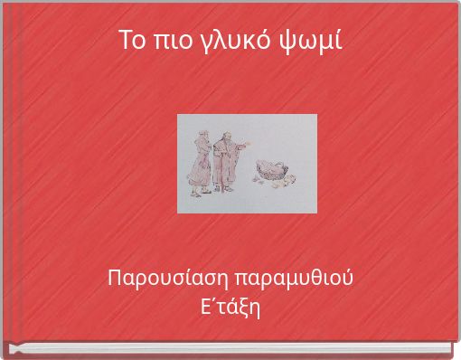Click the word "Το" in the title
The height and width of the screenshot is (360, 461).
click(x=132, y=40)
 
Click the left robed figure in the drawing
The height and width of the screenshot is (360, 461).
click(x=198, y=163)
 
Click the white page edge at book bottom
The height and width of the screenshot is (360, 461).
click(x=230, y=351)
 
